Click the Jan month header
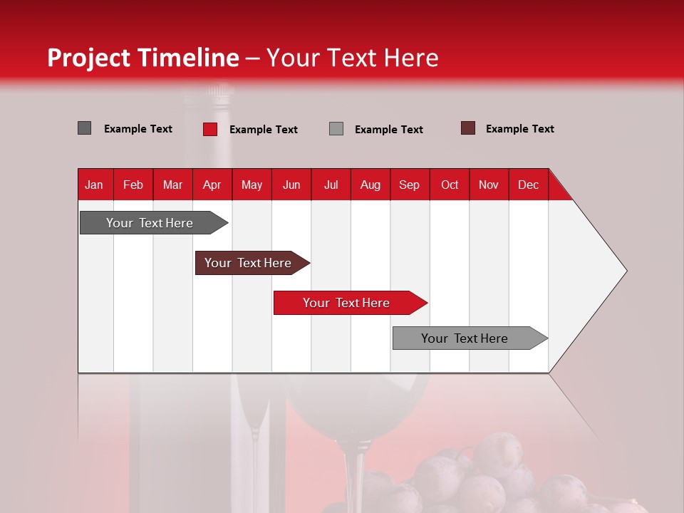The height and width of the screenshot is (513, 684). click(94, 185)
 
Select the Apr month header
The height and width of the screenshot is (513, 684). click(212, 185)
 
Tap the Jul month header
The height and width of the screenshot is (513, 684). click(331, 185)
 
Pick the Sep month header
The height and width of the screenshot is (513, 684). click(409, 185)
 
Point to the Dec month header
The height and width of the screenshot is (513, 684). click(528, 185)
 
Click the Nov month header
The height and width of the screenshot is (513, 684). click(488, 185)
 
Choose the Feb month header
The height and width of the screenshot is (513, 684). click(133, 185)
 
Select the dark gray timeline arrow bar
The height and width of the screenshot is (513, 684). click(150, 223)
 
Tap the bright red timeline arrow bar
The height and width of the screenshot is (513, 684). click(346, 303)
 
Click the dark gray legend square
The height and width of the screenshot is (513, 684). click(85, 128)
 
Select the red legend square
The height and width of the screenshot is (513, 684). click(210, 129)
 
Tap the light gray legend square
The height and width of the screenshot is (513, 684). click(336, 129)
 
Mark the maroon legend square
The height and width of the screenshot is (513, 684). click(468, 128)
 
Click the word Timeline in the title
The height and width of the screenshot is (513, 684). click(188, 58)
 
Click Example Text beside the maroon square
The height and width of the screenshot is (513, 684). click(519, 129)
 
